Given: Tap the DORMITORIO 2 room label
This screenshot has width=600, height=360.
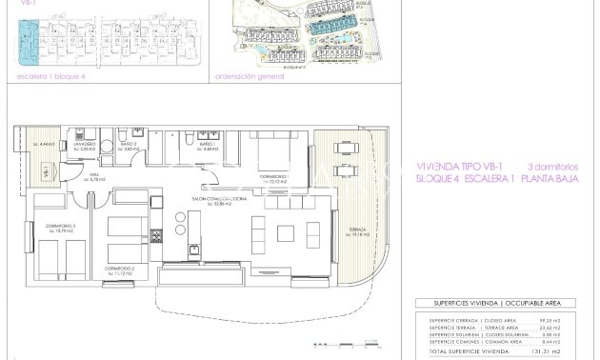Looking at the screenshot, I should pos(118,269).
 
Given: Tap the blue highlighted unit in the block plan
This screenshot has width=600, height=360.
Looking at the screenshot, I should pos(27,38).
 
